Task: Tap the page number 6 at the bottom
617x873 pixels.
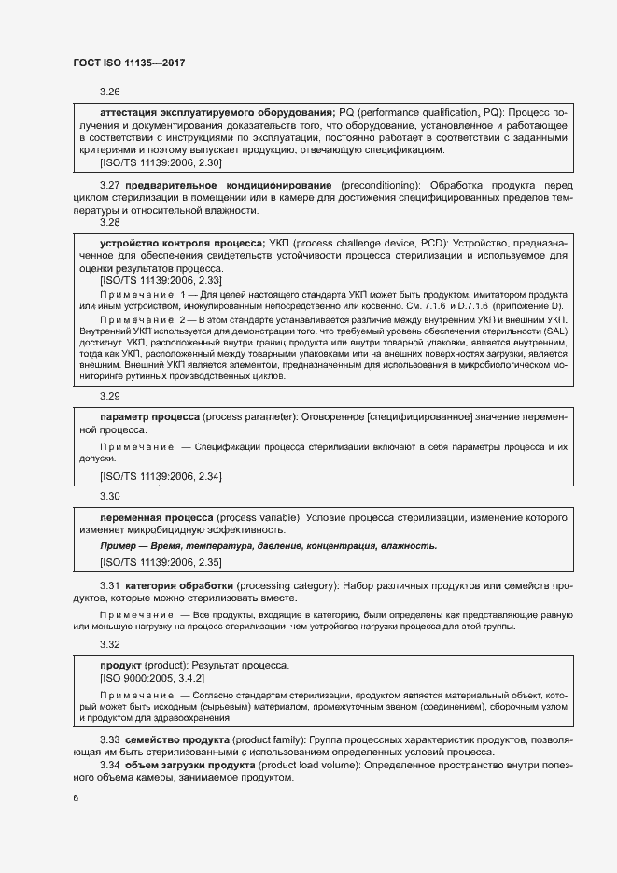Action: pyautogui.click(x=76, y=798)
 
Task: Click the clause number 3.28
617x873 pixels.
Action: pyautogui.click(x=110, y=223)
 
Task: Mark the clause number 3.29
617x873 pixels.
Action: pyautogui.click(x=110, y=396)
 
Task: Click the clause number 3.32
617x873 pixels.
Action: pyautogui.click(x=110, y=644)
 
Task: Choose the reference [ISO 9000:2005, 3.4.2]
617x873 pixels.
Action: pyautogui.click(x=149, y=678)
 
